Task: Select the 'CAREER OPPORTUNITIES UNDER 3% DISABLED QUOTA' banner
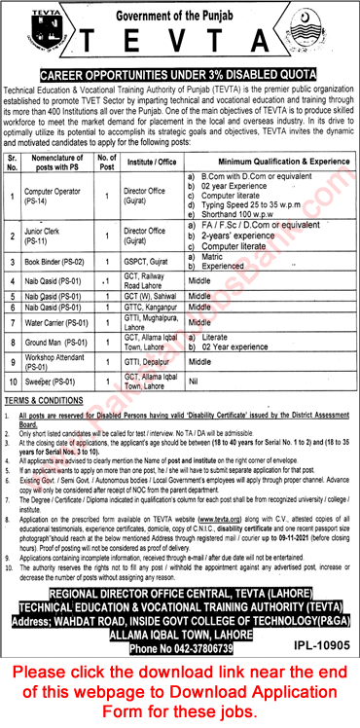[180, 72]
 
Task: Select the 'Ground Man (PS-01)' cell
[57, 343]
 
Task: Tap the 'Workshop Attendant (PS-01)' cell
[57, 366]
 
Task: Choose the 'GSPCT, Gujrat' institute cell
[152, 262]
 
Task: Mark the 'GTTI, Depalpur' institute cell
[151, 366]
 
